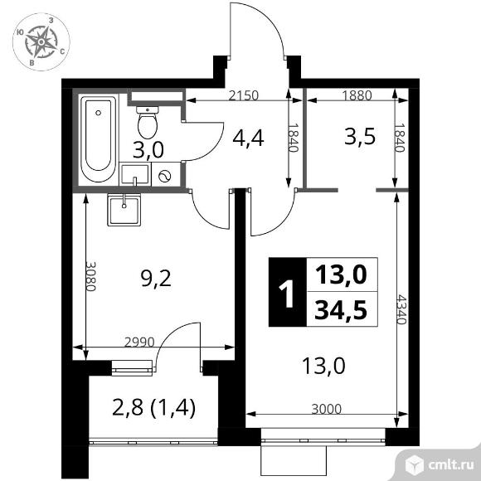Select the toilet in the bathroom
[148, 123]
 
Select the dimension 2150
[245, 95]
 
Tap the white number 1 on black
[287, 294]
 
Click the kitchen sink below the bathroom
[125, 207]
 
